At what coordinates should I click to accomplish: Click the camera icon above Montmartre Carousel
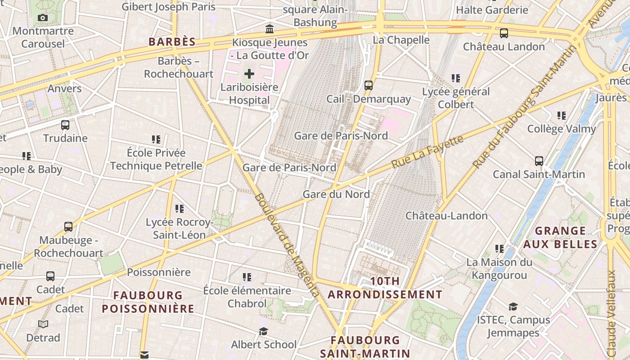coord(43,18)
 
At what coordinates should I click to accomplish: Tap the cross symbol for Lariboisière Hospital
coord(249,74)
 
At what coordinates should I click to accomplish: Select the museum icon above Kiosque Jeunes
coord(270,29)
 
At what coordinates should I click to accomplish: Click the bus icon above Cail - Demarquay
coord(369,85)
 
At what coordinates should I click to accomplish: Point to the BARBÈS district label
coord(172,42)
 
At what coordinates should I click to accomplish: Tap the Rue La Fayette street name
coord(427,152)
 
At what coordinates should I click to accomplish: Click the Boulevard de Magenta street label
coord(287,245)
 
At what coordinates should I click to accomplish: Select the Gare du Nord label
coord(336,194)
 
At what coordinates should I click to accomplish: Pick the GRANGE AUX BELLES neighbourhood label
coord(560,238)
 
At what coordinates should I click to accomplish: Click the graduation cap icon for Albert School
coord(264,332)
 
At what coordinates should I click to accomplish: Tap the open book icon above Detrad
coord(43,324)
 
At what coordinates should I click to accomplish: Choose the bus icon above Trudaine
coord(65,125)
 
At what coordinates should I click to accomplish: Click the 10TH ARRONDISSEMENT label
coord(385,288)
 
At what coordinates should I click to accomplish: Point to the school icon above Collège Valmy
coord(561,116)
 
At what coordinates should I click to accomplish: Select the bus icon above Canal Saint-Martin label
coord(539,161)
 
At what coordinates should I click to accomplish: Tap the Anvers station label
coord(65,89)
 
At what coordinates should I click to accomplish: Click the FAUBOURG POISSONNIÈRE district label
coord(148,302)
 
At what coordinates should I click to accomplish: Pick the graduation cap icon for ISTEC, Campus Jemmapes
coord(513,307)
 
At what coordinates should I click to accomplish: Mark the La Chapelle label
coord(401,40)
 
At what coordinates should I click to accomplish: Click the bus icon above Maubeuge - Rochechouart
coord(68,227)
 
